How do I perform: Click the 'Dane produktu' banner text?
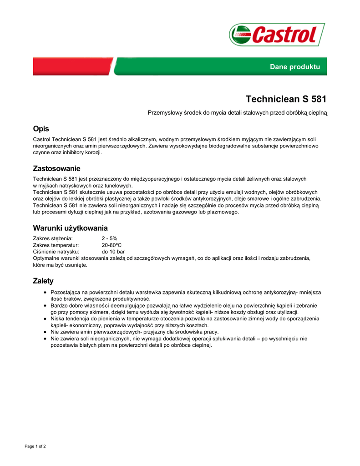tap(295, 67)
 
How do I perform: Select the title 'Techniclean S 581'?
tap(286, 99)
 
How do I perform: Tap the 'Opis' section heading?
tap(41, 129)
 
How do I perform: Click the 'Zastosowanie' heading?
tap(56, 168)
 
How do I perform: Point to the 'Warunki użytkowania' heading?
tap(70, 228)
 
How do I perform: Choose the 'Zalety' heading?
tap(43, 281)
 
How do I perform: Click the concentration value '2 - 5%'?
tap(109, 238)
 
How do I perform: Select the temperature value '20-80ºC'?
tap(112, 245)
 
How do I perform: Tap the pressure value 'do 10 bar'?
tap(113, 252)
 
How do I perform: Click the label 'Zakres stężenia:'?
tap(53, 238)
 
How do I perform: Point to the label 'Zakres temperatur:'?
tap(56, 245)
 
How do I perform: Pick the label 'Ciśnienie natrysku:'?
tap(56, 252)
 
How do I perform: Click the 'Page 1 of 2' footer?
tap(35, 446)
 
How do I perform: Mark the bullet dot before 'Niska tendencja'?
tap(45, 319)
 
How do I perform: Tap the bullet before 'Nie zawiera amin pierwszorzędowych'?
tap(45, 332)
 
